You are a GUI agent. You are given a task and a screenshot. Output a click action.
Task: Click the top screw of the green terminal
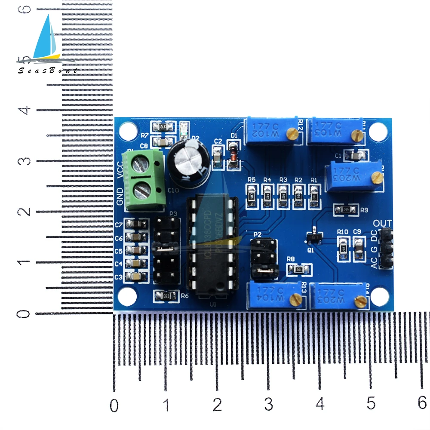tap(142, 163)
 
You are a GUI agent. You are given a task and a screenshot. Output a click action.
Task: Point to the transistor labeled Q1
tap(316, 236)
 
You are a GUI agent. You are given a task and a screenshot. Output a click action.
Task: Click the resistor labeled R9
tap(347, 209)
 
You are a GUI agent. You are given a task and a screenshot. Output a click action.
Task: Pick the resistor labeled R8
tap(299, 270)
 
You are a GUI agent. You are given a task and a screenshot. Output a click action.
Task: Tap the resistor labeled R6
tap(166, 295)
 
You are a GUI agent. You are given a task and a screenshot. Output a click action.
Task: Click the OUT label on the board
tap(383, 223)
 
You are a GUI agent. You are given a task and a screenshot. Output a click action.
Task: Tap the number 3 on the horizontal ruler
tap(268, 404)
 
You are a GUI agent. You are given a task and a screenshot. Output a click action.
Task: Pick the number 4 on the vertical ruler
tap(27, 110)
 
